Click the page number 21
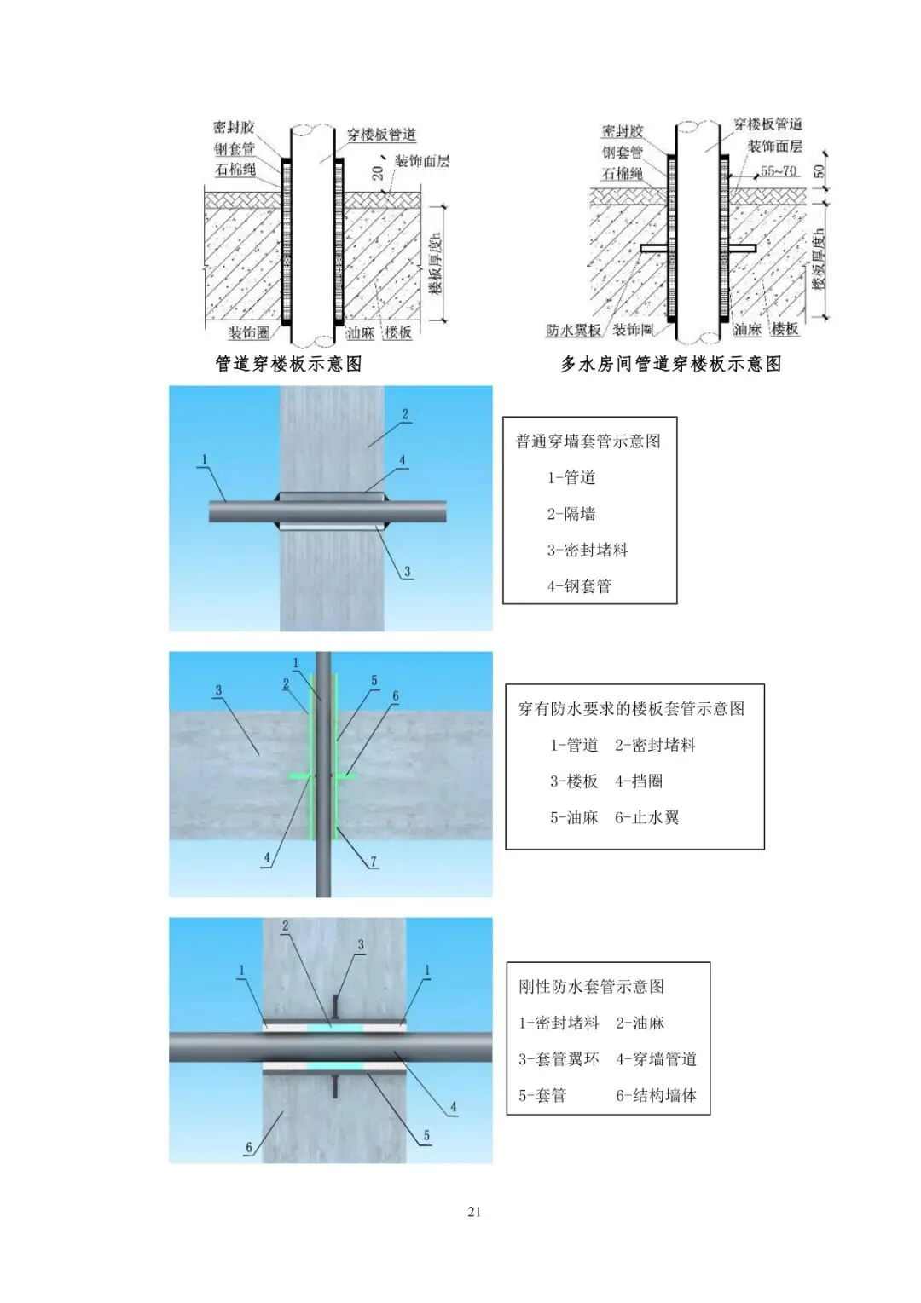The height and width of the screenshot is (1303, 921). [474, 1212]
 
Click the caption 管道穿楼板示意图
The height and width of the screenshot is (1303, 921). [288, 364]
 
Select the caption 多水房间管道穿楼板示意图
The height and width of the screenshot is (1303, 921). [670, 364]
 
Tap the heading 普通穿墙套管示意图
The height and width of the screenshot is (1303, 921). [588, 441]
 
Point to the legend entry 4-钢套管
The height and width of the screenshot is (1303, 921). [580, 586]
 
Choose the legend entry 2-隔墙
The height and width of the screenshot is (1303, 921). [571, 514]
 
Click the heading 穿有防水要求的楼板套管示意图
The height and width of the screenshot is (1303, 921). [631, 709]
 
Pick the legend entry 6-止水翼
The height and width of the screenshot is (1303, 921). [647, 818]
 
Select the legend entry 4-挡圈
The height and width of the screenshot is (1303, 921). [639, 781]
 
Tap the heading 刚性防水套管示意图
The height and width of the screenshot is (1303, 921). [592, 987]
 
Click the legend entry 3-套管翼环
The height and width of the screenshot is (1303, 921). [559, 1059]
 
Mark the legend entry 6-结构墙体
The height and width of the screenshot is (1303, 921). [656, 1096]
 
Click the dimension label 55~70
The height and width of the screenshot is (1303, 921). [778, 171]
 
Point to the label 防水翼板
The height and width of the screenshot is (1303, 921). [573, 331]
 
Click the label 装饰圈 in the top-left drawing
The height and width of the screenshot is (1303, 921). [248, 332]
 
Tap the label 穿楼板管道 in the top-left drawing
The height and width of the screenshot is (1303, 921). [381, 135]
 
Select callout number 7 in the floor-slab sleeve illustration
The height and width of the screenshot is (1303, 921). [373, 862]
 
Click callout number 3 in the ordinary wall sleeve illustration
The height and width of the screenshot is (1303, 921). [408, 572]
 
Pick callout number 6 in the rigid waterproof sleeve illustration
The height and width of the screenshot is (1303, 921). [249, 1147]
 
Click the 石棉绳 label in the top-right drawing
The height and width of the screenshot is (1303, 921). [623, 174]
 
